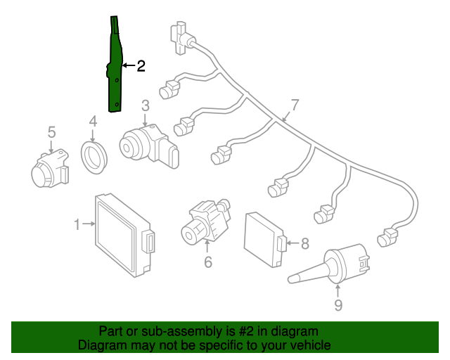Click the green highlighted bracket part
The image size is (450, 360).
click(115, 70)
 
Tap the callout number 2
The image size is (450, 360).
click(141, 66)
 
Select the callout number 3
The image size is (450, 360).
click(145, 106)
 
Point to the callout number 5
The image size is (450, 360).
click(51, 131)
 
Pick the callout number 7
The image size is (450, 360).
click(295, 105)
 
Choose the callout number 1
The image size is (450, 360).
click(77, 224)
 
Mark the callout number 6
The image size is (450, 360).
click(207, 262)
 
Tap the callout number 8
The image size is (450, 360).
click(304, 244)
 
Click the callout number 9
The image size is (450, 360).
click(338, 304)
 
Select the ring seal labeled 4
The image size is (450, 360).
click(94, 156)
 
